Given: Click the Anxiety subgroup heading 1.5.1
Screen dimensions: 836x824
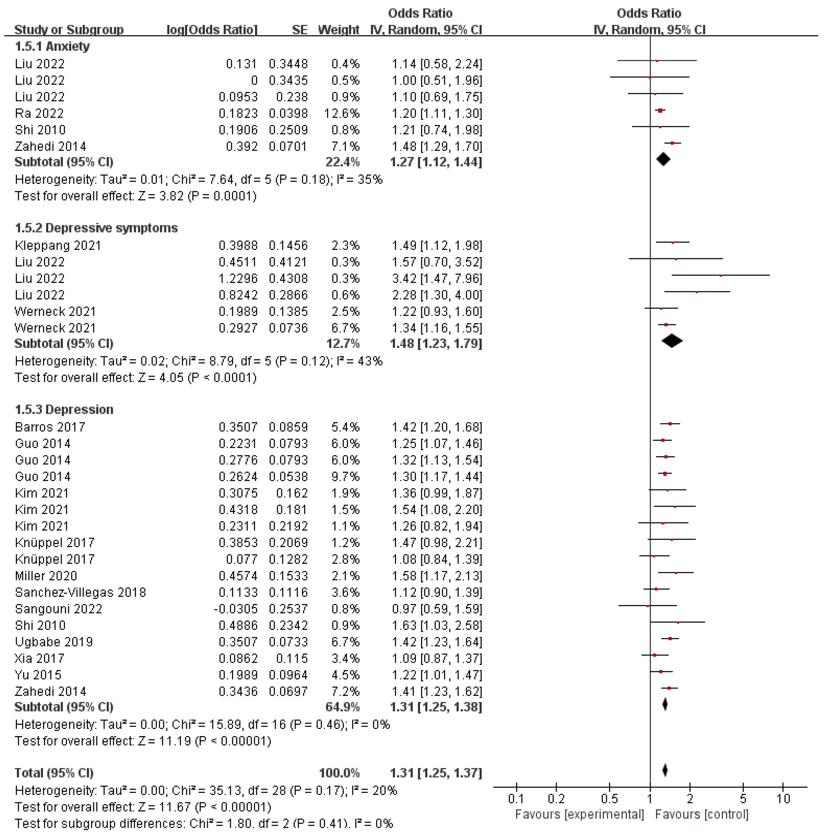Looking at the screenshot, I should click(52, 46).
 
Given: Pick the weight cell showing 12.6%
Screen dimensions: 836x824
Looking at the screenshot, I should click(342, 113).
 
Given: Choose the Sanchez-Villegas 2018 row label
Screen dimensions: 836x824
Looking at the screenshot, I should click(80, 592).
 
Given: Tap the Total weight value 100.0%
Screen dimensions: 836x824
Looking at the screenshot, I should click(339, 773).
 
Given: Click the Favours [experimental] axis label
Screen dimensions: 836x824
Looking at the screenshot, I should click(580, 814).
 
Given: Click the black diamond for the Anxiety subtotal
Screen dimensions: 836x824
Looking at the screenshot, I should click(663, 160).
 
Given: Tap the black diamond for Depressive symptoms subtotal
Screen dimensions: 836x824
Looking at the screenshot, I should click(672, 341).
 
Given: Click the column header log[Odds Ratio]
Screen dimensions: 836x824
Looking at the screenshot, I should click(212, 30).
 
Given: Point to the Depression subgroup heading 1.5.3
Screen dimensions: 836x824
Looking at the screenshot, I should click(64, 409).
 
